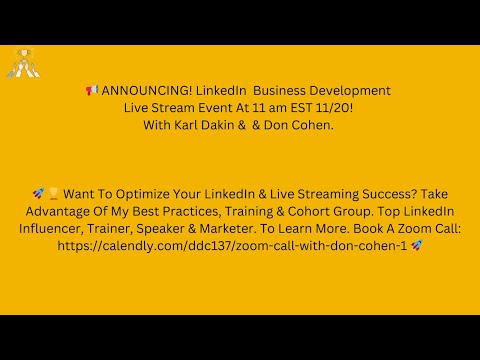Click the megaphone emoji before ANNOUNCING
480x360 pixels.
(x=91, y=91)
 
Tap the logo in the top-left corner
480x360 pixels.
(x=22, y=63)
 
